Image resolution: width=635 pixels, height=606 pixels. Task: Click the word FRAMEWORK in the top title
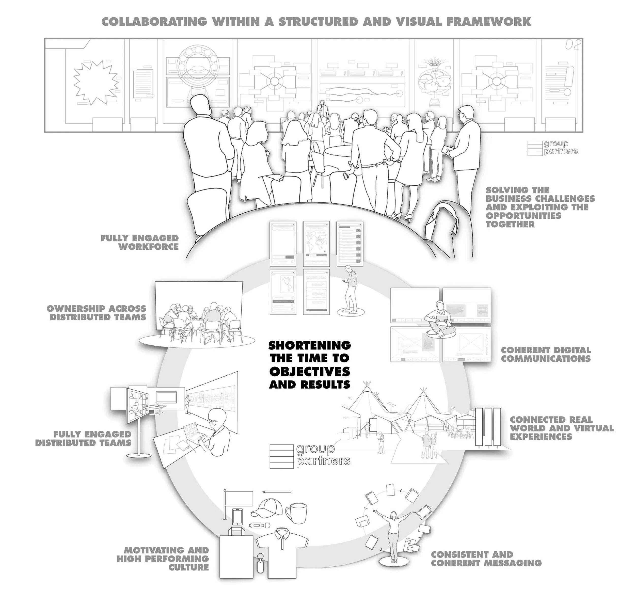click(x=489, y=22)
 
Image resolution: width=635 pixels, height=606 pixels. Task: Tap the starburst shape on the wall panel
click(x=95, y=83)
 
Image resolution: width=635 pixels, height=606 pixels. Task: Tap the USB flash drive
click(x=259, y=525)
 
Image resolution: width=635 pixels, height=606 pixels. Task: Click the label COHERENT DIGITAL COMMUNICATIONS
click(x=546, y=354)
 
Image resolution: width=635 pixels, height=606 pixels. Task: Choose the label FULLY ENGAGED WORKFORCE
click(x=140, y=242)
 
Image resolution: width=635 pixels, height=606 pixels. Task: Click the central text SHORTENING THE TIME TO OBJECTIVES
click(x=309, y=364)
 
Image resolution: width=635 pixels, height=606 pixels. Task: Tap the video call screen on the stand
click(x=137, y=405)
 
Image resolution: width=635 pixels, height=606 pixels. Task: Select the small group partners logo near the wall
click(x=552, y=148)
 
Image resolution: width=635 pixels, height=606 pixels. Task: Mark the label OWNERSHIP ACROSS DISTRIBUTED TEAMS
click(x=97, y=313)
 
